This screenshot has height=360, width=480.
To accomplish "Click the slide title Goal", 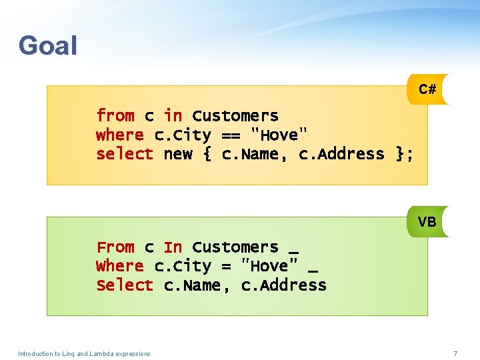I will pos(48,46).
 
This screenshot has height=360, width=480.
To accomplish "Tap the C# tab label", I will pos(427,89).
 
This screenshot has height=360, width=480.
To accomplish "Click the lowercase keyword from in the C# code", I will pos(115,116).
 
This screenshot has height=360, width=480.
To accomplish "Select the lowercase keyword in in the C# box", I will pos(173,116).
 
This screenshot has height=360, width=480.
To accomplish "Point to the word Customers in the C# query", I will pos(235,116).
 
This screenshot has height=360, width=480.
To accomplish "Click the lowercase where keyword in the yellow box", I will pos(120,135).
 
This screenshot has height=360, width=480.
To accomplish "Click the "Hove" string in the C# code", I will pos(279,135).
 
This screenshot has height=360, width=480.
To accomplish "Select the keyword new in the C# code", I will pos(177,154).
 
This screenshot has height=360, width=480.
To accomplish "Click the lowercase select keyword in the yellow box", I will pos(125,154).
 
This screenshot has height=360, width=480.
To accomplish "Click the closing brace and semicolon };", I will pos(405,154).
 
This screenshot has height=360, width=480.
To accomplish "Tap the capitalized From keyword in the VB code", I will pos(115,247).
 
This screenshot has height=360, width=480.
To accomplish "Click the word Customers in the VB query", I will pos(235,247).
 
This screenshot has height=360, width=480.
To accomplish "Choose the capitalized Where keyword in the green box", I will pos(120,266).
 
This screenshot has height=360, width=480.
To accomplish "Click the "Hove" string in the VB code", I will pos(269,266).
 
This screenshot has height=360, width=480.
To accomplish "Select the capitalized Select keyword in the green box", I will pos(125,285).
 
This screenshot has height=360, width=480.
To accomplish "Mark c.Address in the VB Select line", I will pos(284,285).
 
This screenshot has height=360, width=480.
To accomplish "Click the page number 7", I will pos(455,353).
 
